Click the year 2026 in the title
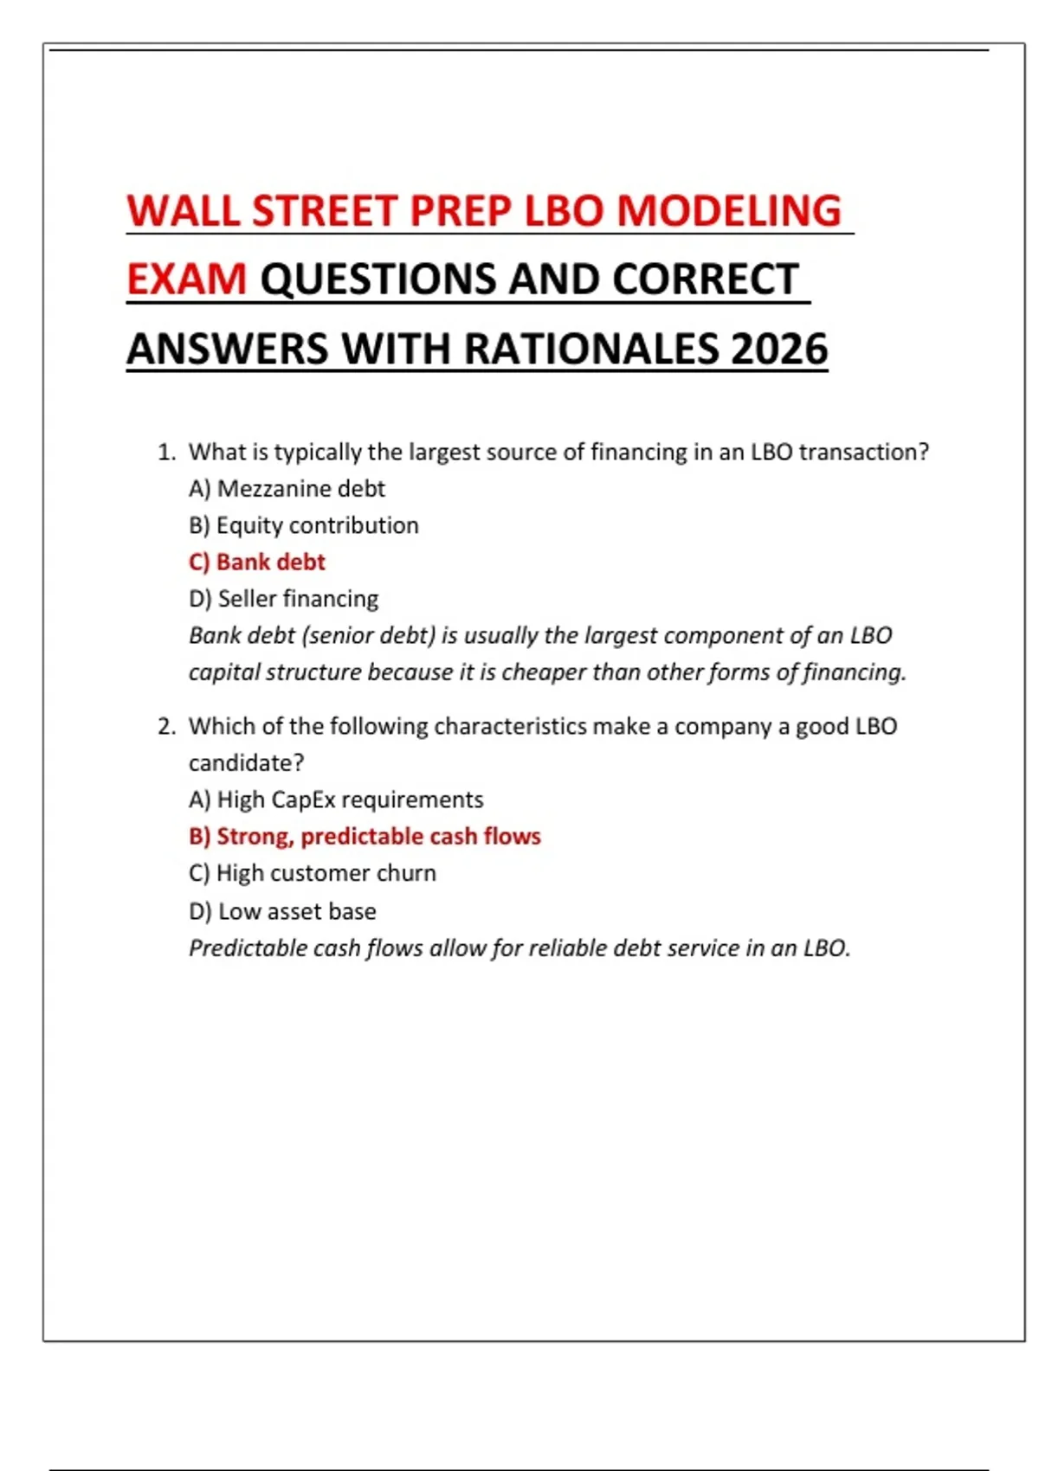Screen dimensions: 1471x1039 tap(778, 349)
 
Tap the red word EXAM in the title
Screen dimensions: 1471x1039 tap(187, 279)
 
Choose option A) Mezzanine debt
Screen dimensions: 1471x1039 tap(287, 489)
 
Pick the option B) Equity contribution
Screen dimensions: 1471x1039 tap(303, 525)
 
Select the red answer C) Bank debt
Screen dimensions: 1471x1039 tap(256, 562)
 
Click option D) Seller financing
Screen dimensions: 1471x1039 tap(283, 599)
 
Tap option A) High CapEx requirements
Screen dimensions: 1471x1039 tap(336, 800)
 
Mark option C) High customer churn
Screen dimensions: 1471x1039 tap(312, 873)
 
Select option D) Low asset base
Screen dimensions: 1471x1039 tap(282, 911)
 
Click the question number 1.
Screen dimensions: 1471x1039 tap(165, 453)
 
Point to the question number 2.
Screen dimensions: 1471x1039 tap(165, 727)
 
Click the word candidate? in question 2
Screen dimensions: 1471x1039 tap(246, 763)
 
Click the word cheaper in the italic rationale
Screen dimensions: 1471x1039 tap(541, 672)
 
